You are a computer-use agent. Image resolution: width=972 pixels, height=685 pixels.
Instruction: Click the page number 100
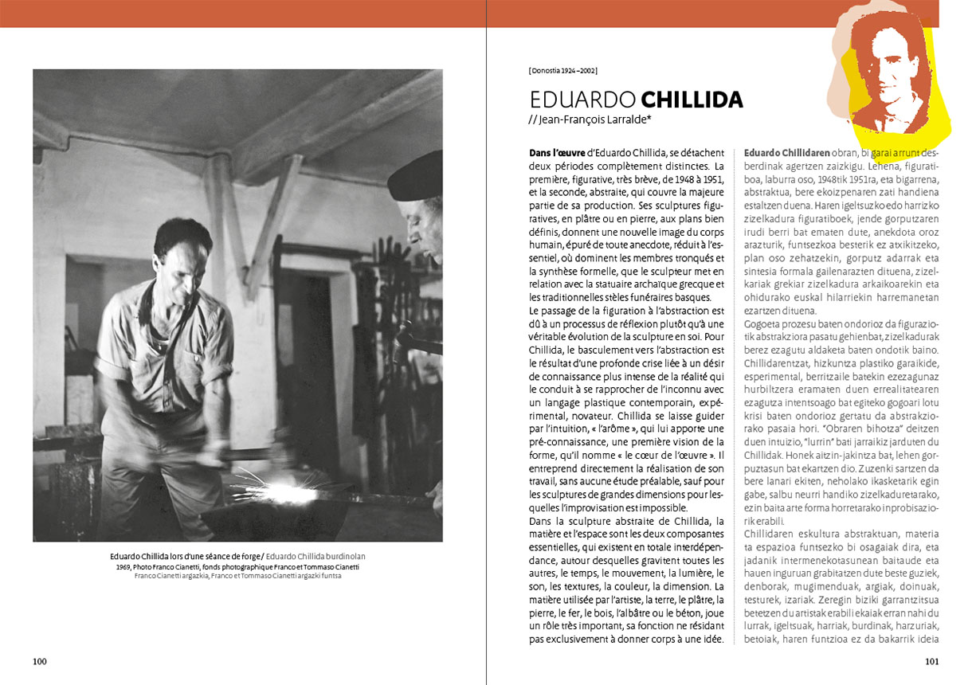40,661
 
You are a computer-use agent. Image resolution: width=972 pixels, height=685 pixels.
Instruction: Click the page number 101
932,661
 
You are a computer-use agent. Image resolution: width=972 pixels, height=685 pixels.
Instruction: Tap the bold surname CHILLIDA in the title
692,100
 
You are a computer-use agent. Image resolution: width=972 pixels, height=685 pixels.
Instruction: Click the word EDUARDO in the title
582,100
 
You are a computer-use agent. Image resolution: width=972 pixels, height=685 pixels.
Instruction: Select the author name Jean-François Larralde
593,119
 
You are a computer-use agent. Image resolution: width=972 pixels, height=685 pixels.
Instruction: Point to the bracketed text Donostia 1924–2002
562,71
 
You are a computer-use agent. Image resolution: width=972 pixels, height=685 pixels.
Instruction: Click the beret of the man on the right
418,175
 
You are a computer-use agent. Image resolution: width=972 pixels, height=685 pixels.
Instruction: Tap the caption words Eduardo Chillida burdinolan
315,556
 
